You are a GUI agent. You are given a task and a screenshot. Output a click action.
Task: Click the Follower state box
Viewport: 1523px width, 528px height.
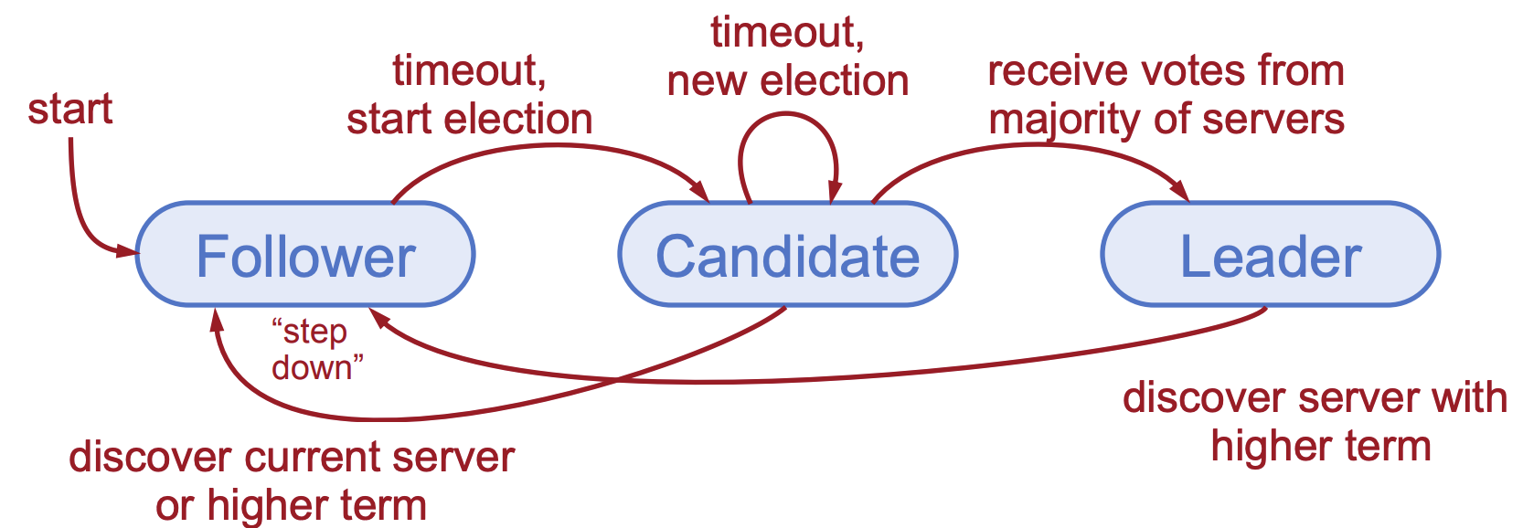305,255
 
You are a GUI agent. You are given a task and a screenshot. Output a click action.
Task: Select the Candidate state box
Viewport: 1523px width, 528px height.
787,255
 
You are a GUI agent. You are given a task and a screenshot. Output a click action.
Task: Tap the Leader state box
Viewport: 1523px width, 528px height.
1270,255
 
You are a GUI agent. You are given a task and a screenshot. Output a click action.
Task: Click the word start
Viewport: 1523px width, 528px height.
70,109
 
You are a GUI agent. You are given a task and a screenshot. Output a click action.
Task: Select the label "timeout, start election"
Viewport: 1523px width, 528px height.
469,95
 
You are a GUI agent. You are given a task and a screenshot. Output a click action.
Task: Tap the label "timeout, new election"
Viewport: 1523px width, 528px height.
787,57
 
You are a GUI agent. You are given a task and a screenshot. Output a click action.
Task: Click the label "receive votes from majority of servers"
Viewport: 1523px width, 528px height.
1166,95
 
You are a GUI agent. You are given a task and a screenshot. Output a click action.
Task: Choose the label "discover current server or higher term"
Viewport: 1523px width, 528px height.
292,480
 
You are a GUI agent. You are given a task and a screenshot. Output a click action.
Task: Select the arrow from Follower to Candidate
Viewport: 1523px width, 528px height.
548,149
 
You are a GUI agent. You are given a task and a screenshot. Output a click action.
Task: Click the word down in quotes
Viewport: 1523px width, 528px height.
312,368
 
